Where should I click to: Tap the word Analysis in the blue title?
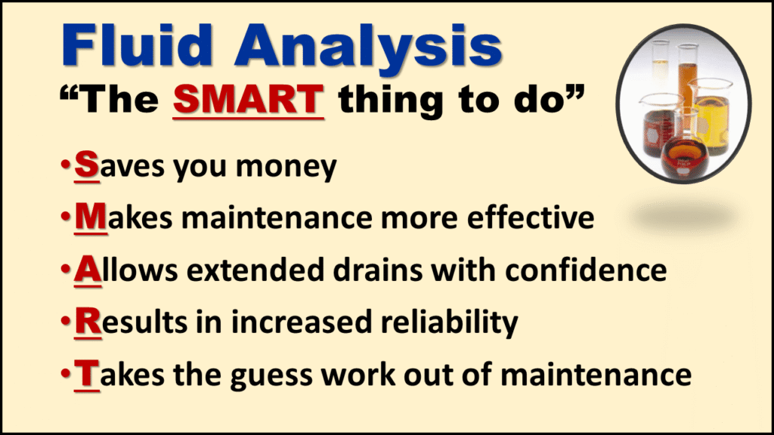[x=369, y=48]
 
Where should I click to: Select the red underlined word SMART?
[x=248, y=100]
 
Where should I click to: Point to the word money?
[x=286, y=168]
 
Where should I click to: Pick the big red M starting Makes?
[x=91, y=217]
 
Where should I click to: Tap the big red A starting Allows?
[x=88, y=270]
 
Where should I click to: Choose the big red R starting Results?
[x=88, y=322]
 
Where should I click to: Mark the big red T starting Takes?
[x=87, y=374]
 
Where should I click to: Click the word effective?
[x=531, y=217]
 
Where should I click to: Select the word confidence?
[x=586, y=270]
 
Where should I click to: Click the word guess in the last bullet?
[x=271, y=377]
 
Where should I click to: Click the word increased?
[x=301, y=322]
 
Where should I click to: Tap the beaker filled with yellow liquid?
[x=711, y=117]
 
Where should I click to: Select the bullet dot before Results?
[x=65, y=322]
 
